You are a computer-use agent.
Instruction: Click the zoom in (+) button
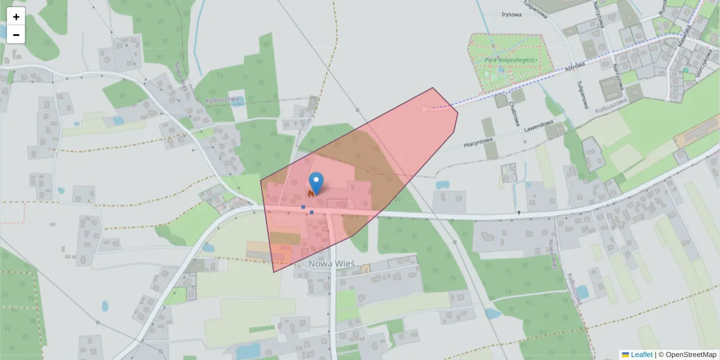(16, 17)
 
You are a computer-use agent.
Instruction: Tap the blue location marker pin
(316, 182)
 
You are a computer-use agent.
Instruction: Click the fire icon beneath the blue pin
(311, 194)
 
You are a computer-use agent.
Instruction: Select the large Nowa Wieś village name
(332, 263)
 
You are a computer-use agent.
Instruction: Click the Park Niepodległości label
(510, 60)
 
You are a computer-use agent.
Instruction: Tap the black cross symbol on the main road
(519, 212)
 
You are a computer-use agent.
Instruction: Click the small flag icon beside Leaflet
(625, 355)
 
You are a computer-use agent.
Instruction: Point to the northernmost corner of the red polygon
(433, 88)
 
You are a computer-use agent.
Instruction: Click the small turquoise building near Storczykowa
(686, 70)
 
